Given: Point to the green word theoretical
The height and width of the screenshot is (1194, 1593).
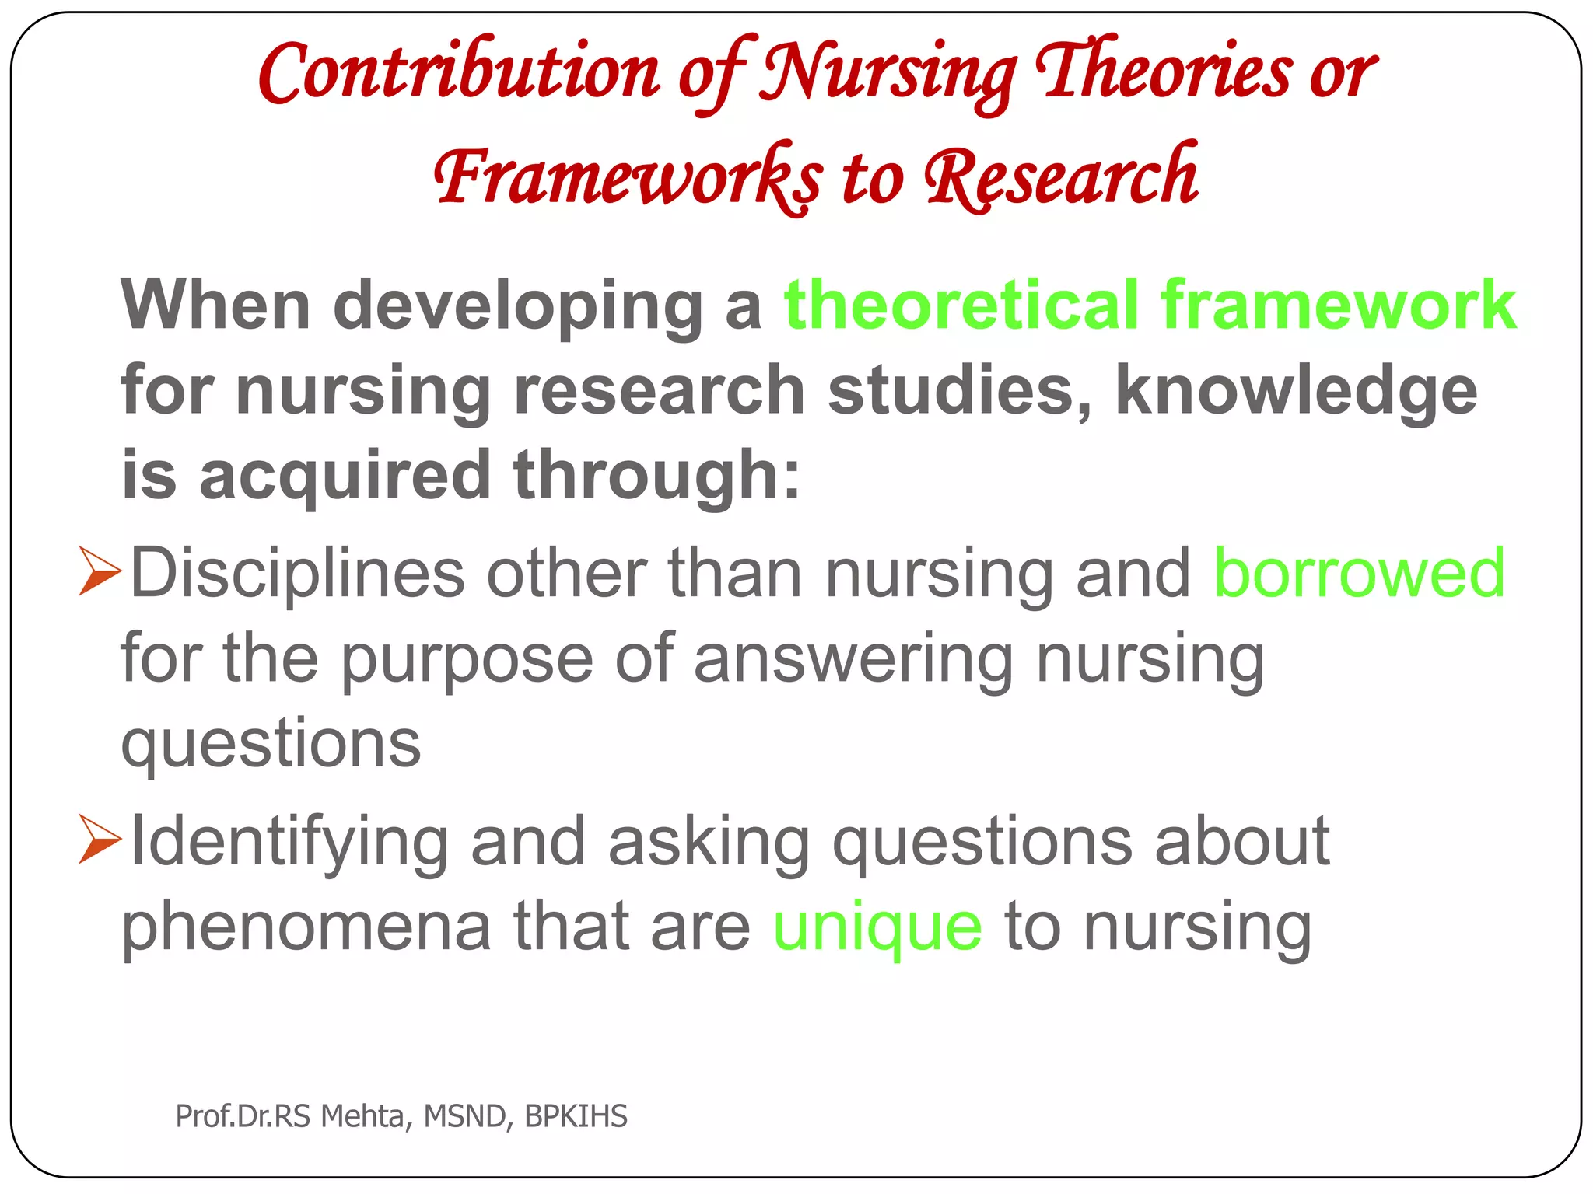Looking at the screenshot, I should [961, 305].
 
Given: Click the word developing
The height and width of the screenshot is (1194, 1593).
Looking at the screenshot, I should [518, 306].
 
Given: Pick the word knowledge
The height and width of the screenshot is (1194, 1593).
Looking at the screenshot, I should [1296, 391].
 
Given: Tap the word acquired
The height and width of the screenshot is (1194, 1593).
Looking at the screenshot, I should [345, 476].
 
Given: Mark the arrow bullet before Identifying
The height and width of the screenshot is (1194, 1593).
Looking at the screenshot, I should [100, 840].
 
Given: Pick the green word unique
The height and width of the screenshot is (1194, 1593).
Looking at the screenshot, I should [877, 927].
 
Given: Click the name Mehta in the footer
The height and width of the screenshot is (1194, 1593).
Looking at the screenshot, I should [362, 1116].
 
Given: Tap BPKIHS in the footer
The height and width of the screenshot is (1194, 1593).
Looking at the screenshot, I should [576, 1116].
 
